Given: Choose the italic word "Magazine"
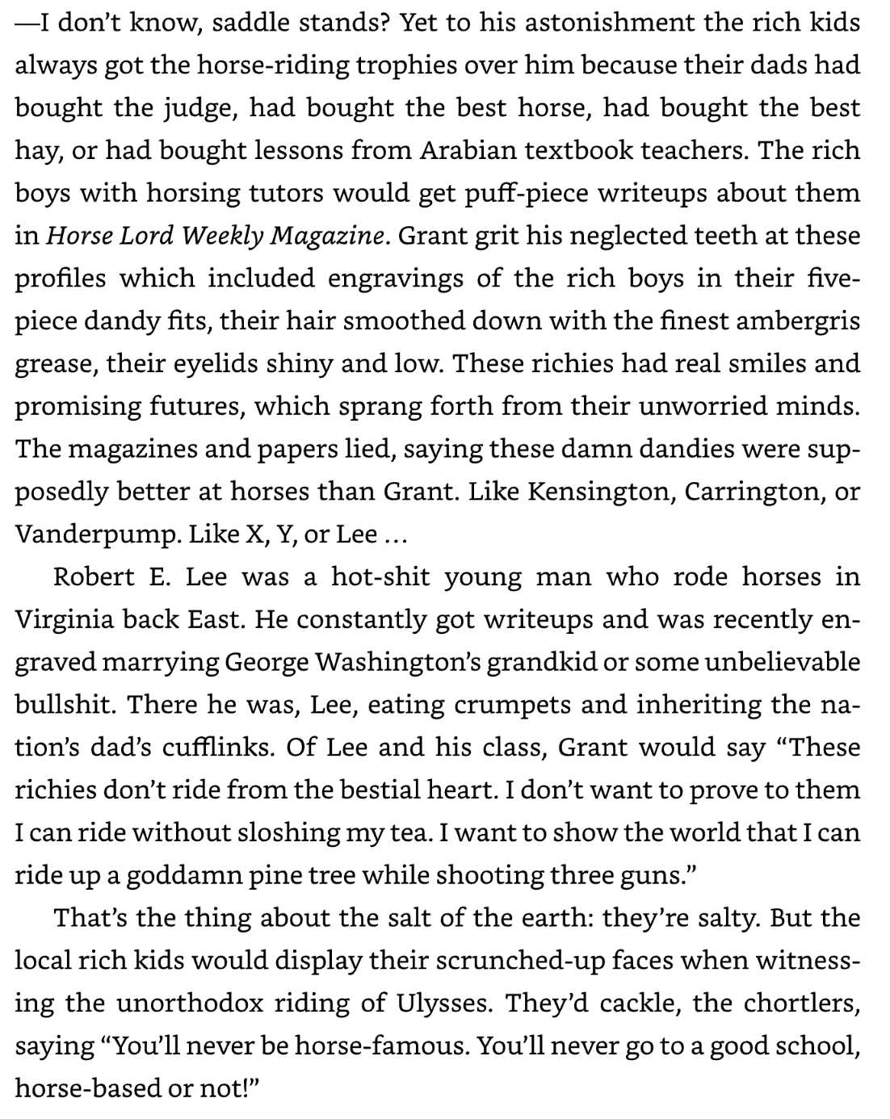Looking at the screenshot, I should [332, 237].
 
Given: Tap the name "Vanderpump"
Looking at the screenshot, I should [96, 534].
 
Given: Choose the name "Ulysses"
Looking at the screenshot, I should [443, 1004].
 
